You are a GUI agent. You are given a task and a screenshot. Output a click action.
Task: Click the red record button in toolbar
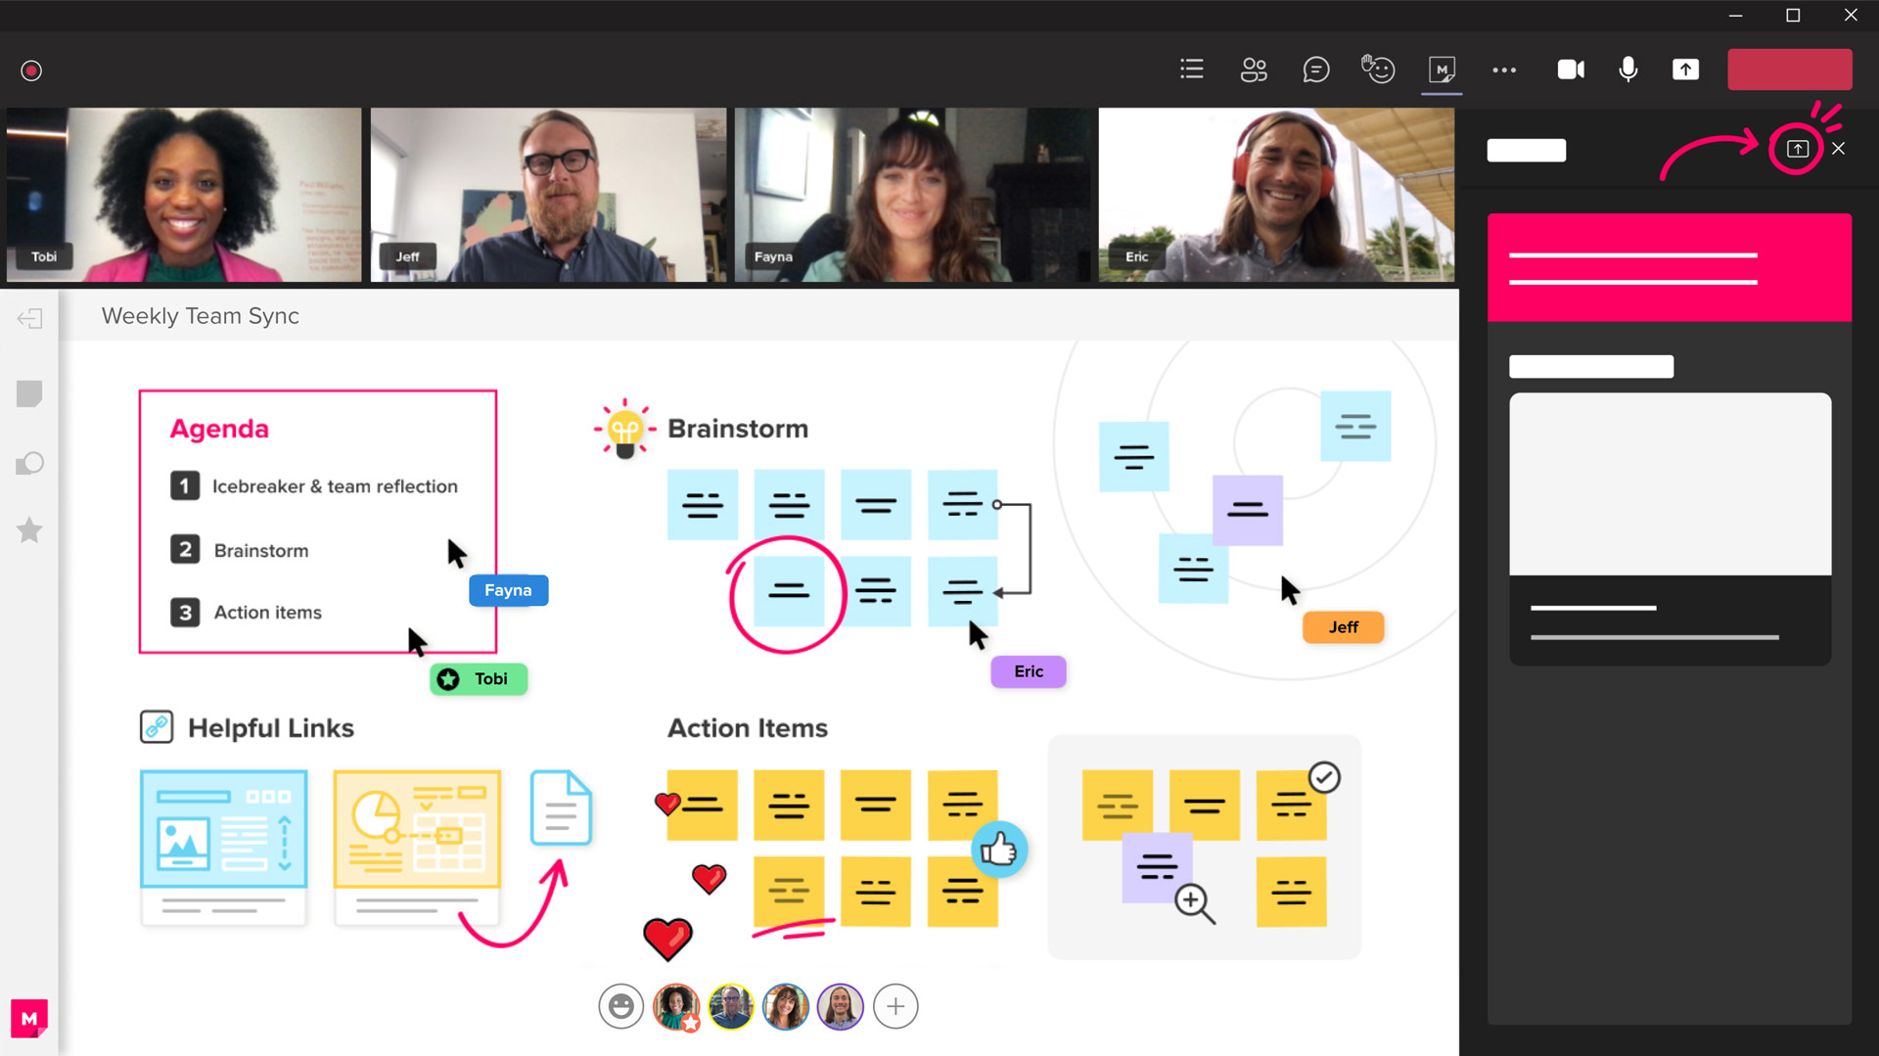(x=31, y=70)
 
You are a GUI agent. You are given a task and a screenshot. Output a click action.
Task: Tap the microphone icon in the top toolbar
(x=1628, y=69)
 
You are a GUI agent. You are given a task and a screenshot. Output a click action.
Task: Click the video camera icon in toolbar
(x=1571, y=69)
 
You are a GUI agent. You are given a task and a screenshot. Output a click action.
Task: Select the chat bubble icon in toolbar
(x=1316, y=69)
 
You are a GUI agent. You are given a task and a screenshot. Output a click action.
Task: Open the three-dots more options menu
(x=1504, y=70)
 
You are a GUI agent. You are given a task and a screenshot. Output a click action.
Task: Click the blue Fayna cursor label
(x=508, y=590)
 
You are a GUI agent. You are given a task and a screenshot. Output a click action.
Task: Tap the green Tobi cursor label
(x=479, y=679)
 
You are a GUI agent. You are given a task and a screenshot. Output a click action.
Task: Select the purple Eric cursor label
(x=1029, y=671)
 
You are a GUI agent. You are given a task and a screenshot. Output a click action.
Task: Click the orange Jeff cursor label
(x=1344, y=627)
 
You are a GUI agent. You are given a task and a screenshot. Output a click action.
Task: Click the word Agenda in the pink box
(x=219, y=429)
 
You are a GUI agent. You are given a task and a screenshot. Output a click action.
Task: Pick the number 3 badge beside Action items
(x=185, y=613)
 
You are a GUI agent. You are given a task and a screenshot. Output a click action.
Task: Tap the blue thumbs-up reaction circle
(x=999, y=849)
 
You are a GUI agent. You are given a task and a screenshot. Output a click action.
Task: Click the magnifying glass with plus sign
(x=1195, y=903)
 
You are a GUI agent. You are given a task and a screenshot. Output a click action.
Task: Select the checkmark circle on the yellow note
(x=1324, y=778)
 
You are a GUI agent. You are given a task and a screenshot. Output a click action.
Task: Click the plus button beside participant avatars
(x=895, y=1006)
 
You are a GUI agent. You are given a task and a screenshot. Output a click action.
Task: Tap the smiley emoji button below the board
(x=621, y=1006)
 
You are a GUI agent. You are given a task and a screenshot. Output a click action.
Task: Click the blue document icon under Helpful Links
(x=561, y=808)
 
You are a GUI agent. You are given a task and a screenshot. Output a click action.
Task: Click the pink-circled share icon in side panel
(x=1797, y=149)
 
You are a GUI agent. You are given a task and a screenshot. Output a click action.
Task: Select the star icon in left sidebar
(x=29, y=529)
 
